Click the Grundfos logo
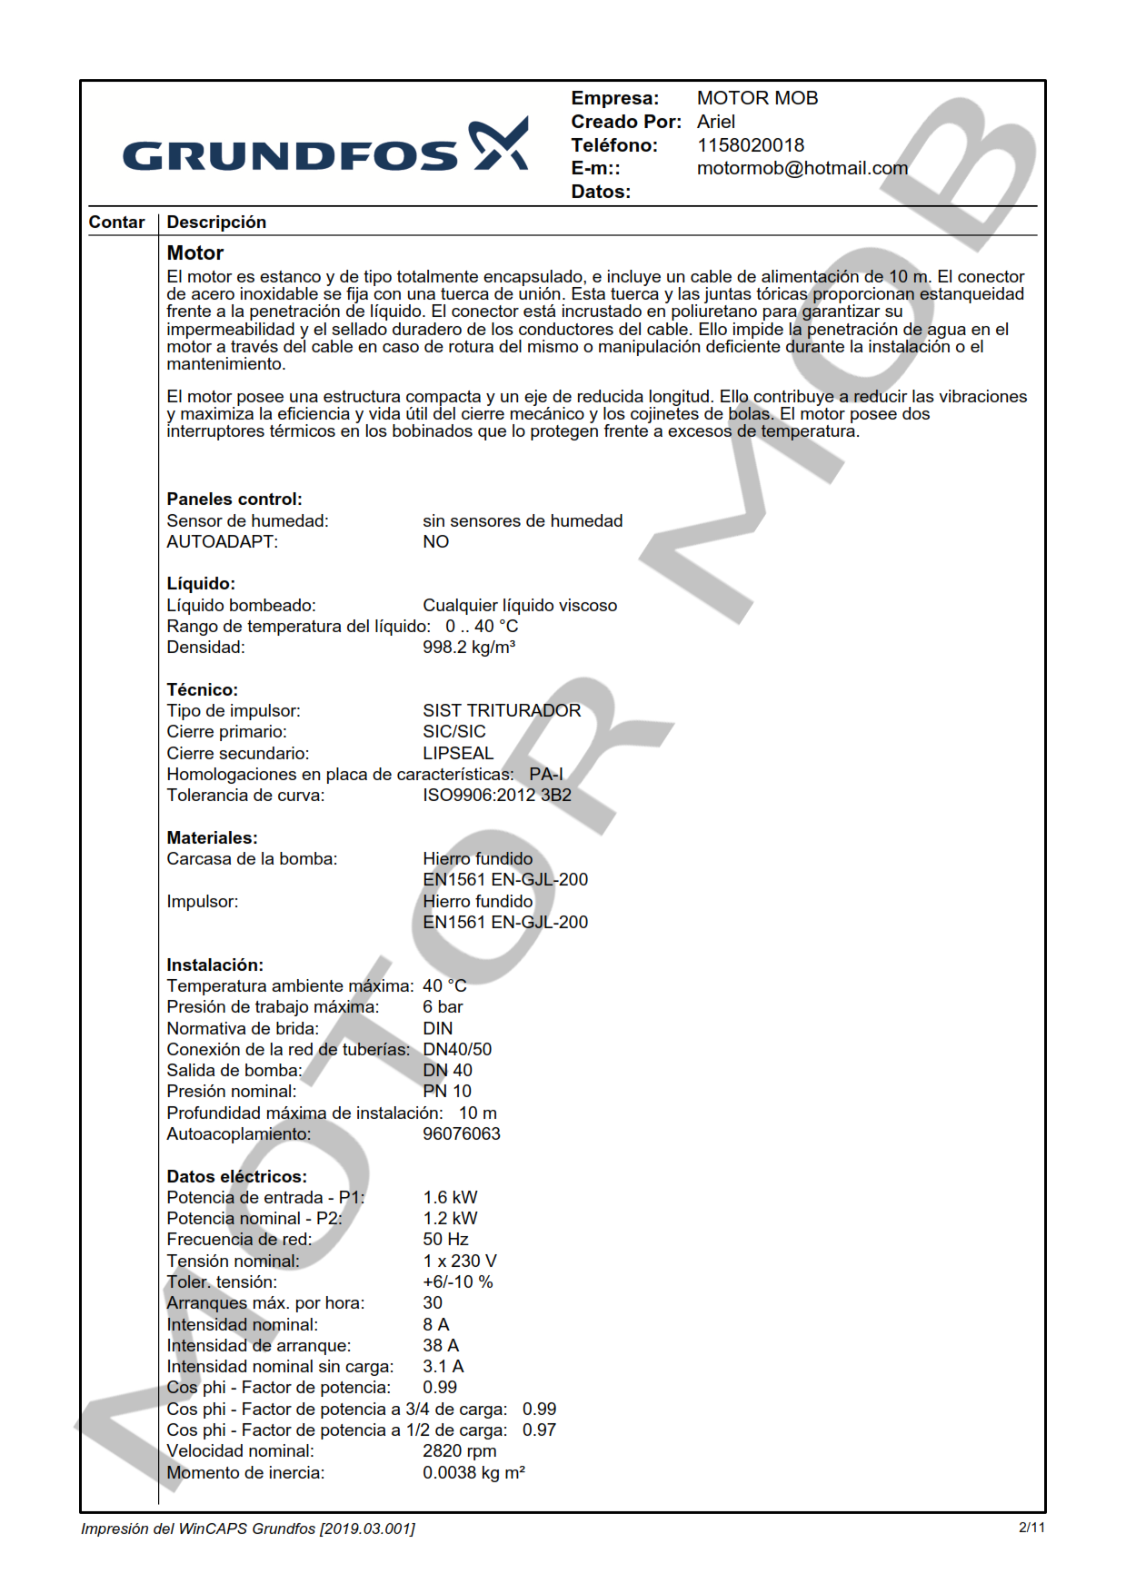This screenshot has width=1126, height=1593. click(324, 147)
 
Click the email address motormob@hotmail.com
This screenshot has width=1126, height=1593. click(802, 168)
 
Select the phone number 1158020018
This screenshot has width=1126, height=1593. click(750, 145)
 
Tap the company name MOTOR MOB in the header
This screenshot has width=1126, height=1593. click(757, 98)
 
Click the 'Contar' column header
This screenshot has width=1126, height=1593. click(116, 223)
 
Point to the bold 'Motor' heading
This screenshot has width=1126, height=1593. click(194, 253)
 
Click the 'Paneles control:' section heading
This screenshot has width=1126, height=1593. click(234, 500)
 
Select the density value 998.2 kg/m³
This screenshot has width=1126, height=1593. click(468, 648)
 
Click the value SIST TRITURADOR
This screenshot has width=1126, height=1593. click(501, 710)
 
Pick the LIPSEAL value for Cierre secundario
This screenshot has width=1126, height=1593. click(457, 753)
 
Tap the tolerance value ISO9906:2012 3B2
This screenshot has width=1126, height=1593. click(496, 796)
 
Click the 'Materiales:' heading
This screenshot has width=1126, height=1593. click(212, 837)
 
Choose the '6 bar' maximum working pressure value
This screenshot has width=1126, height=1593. click(443, 1007)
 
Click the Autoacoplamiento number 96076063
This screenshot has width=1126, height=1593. click(461, 1133)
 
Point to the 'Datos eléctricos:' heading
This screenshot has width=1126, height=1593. click(236, 1176)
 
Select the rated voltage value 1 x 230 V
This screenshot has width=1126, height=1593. click(459, 1261)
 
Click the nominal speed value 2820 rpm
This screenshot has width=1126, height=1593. click(459, 1450)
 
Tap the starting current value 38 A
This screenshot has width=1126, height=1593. click(440, 1345)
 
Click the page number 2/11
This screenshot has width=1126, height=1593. click(1031, 1528)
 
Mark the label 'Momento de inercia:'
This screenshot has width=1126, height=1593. click(245, 1472)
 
